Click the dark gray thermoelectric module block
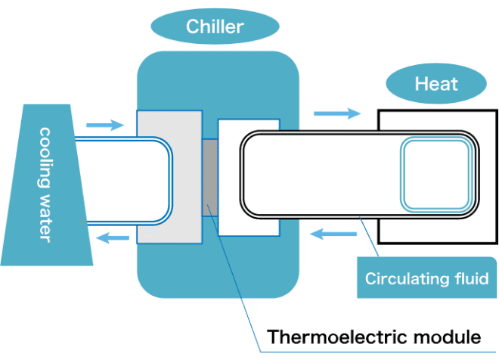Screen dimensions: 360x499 point(209,176)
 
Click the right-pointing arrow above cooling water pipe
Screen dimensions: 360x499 point(104,124)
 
